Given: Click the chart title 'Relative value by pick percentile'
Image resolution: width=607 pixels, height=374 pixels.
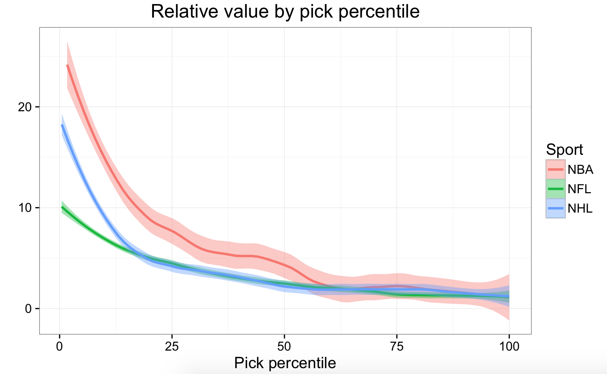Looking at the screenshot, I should [x=285, y=12].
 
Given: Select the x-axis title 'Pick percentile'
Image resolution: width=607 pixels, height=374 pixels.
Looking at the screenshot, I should [x=285, y=363].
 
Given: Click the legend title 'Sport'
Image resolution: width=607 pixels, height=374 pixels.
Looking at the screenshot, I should [x=564, y=150].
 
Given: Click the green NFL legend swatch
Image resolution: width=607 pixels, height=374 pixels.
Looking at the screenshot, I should [x=556, y=189].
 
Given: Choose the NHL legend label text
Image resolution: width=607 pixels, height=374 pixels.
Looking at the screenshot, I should [x=580, y=209].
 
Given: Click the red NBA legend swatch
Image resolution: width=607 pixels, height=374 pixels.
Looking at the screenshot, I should [x=556, y=169].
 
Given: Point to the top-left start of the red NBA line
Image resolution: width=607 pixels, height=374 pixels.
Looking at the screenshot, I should [x=67, y=66].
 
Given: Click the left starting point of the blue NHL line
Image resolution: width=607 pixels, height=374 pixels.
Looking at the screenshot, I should [x=62, y=125].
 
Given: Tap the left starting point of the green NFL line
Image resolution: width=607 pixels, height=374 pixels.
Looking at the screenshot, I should [x=62, y=207].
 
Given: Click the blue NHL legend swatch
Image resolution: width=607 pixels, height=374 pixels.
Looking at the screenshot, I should [x=556, y=209].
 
